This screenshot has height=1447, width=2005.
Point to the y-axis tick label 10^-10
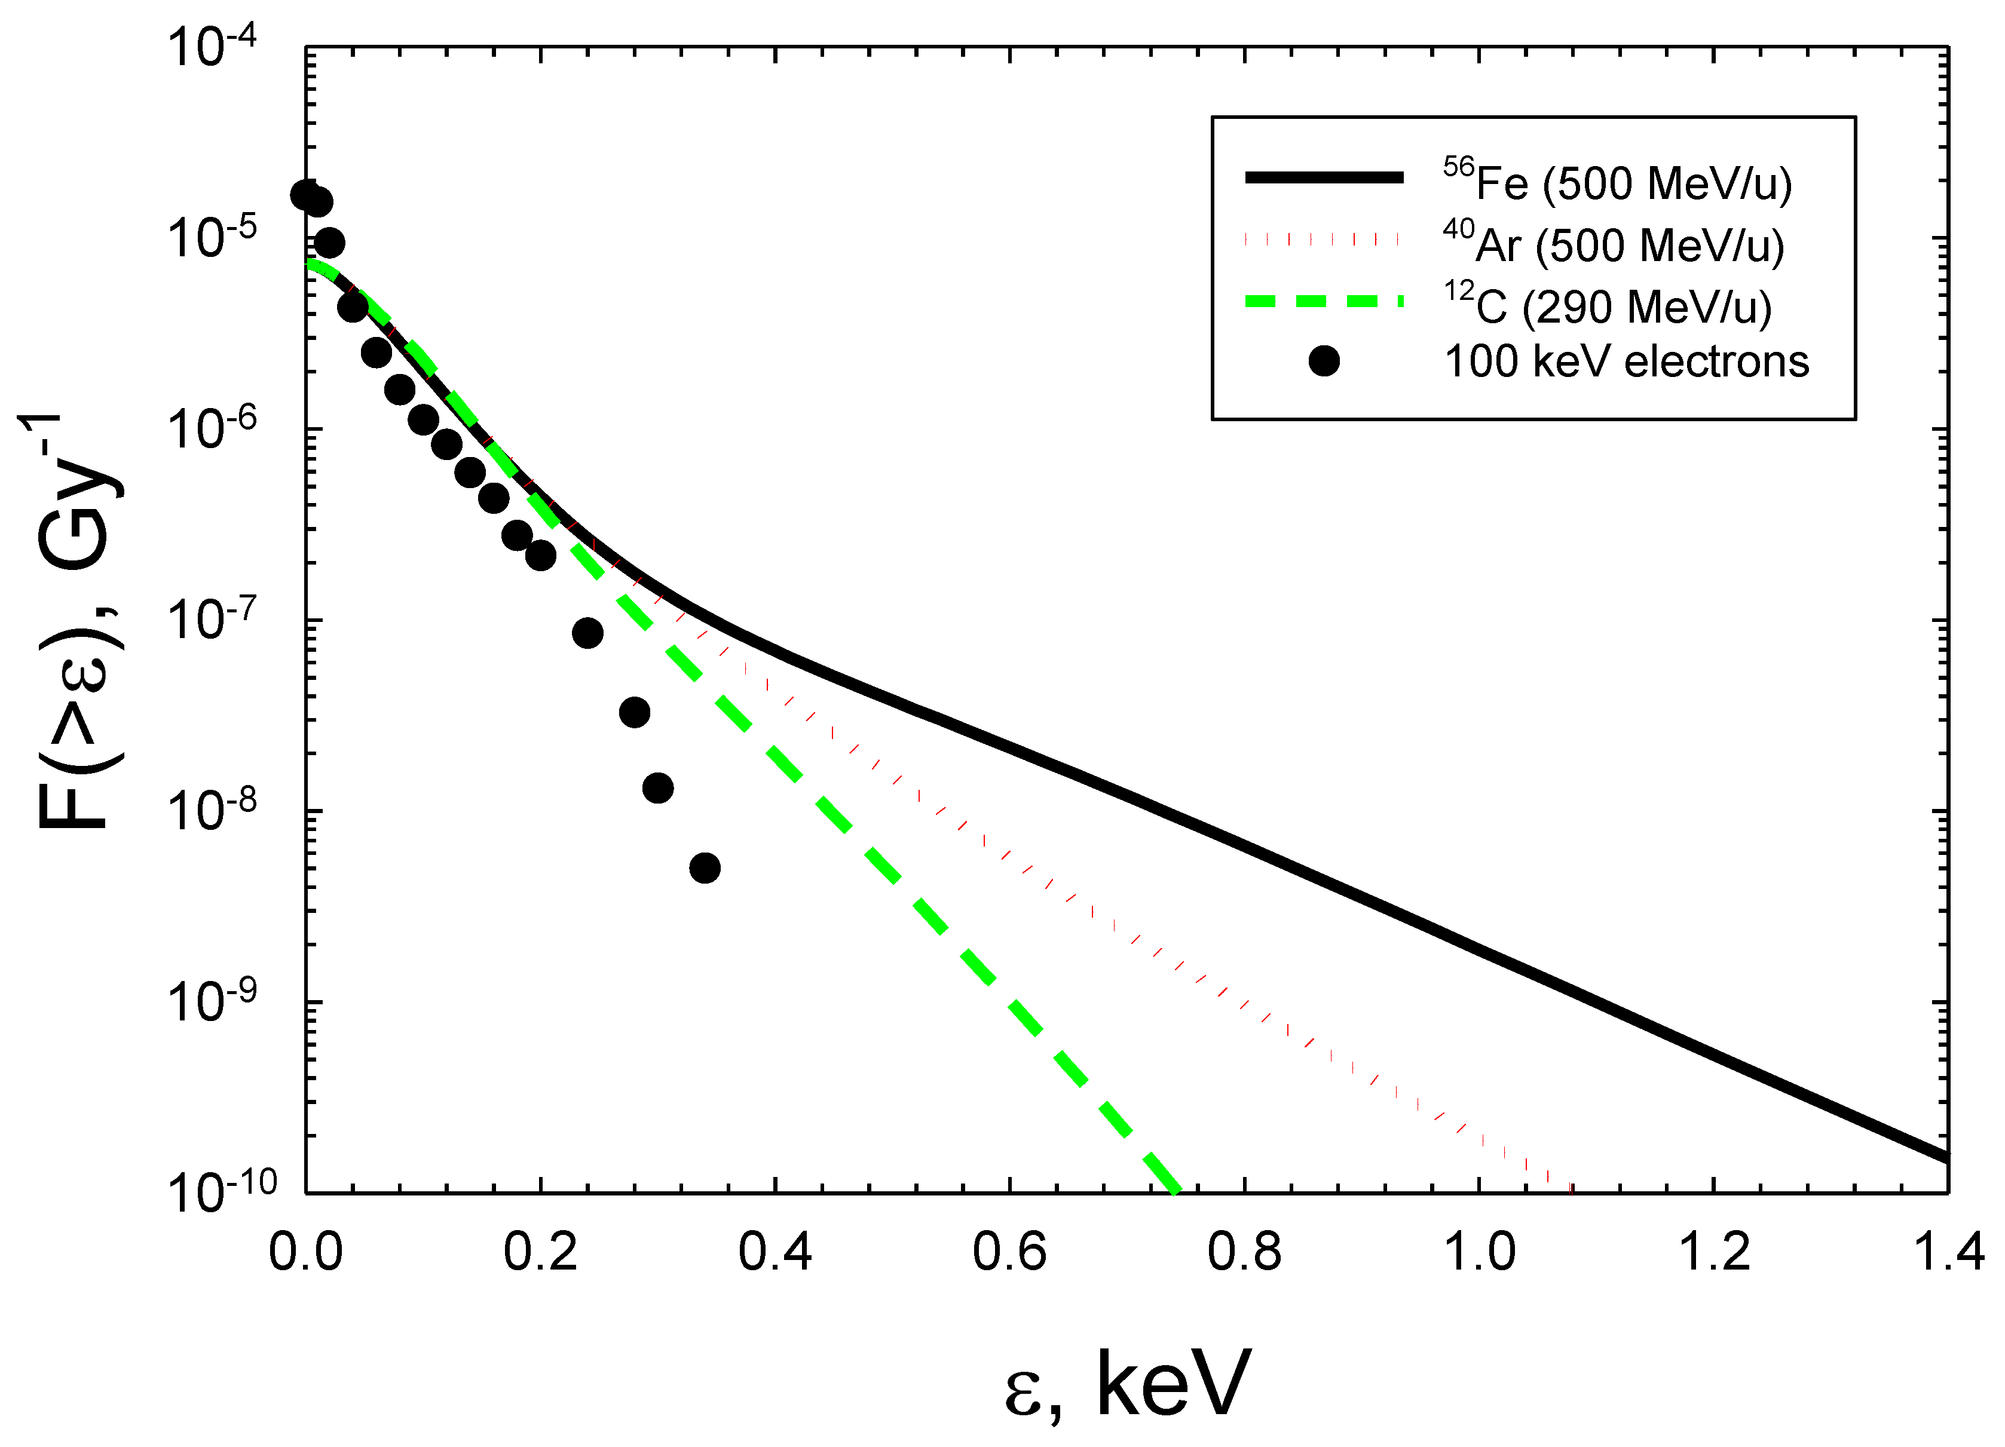[221, 1191]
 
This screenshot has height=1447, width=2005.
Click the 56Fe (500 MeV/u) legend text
[1617, 181]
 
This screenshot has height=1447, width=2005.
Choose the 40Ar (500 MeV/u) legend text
[1614, 243]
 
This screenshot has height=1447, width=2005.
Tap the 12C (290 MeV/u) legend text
[1607, 305]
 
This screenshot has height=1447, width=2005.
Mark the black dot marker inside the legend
[1323, 361]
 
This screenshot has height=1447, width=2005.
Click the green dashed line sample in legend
[1323, 302]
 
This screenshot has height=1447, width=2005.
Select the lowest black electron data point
[705, 868]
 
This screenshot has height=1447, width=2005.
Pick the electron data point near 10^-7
[587, 633]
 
